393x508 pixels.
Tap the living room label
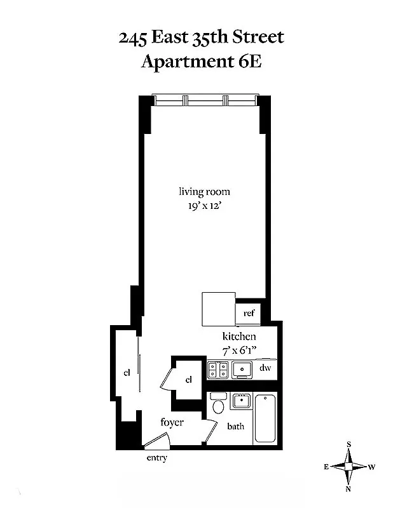(x=203, y=192)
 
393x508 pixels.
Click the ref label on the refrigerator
(x=249, y=313)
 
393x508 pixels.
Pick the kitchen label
(x=238, y=337)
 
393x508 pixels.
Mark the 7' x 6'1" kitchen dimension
(x=239, y=350)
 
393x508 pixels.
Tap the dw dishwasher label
(x=266, y=368)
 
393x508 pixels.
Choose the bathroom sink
(x=241, y=401)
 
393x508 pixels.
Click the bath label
(x=236, y=427)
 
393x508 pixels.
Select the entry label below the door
(x=156, y=458)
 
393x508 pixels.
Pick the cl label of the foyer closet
(x=189, y=380)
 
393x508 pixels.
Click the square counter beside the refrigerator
(x=218, y=308)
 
